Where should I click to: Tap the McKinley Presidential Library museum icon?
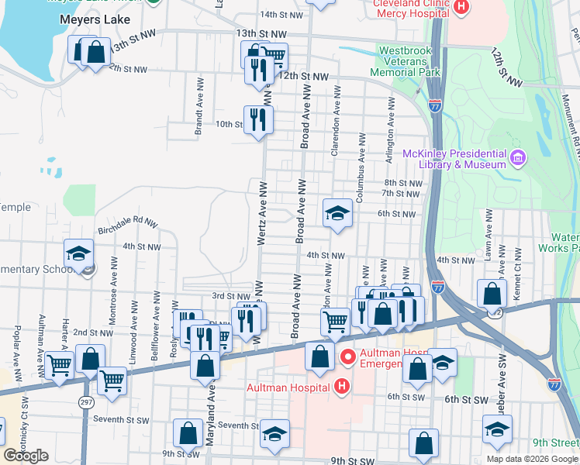coord(518,159)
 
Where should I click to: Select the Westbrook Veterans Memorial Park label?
coord(409,61)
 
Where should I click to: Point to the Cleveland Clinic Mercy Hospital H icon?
coord(461,8)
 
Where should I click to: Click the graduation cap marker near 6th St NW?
coord(337,213)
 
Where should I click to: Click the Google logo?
coord(26,456)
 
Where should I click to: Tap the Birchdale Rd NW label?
coord(127,225)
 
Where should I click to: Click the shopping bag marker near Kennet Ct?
coord(492,294)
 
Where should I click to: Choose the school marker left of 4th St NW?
coord(78,253)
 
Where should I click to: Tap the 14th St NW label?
coord(280,14)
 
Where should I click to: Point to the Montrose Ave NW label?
coord(113,318)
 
